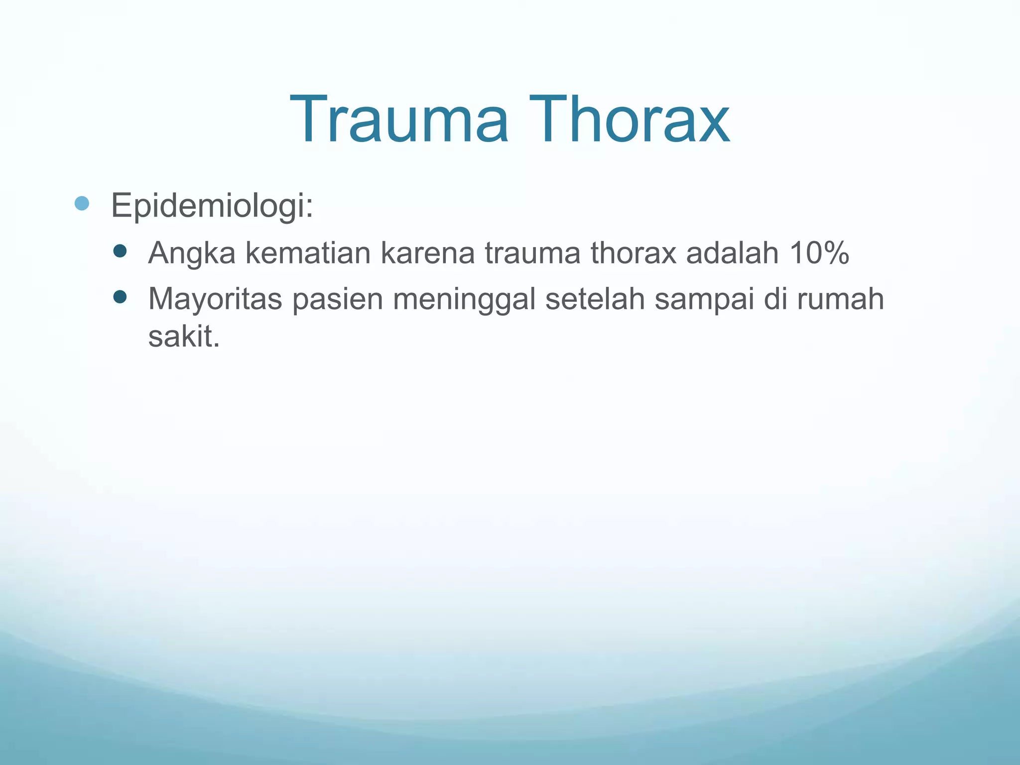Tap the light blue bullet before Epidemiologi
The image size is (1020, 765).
[82, 203]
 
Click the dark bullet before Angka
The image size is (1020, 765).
[120, 251]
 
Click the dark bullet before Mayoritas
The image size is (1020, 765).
[120, 297]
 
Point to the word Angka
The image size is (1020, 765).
[192, 253]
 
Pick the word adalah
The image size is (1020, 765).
[732, 253]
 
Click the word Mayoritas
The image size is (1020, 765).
[215, 300]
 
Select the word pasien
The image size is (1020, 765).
[337, 300]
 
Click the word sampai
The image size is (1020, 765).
[704, 300]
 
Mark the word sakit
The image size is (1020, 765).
[183, 337]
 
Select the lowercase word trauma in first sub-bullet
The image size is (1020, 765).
[533, 253]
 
